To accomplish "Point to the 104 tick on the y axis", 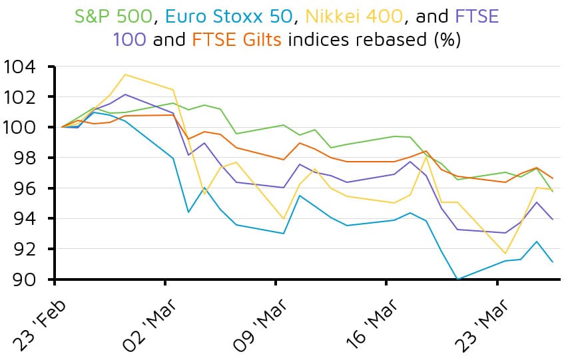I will pos(23,67).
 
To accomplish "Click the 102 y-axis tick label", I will pos(23,97).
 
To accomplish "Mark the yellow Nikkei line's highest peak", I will pos(125,75).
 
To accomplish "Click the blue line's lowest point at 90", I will pos(457,279).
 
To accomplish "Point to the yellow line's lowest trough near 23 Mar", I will pos(505,254).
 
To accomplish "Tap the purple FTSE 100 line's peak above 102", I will pos(125,94).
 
